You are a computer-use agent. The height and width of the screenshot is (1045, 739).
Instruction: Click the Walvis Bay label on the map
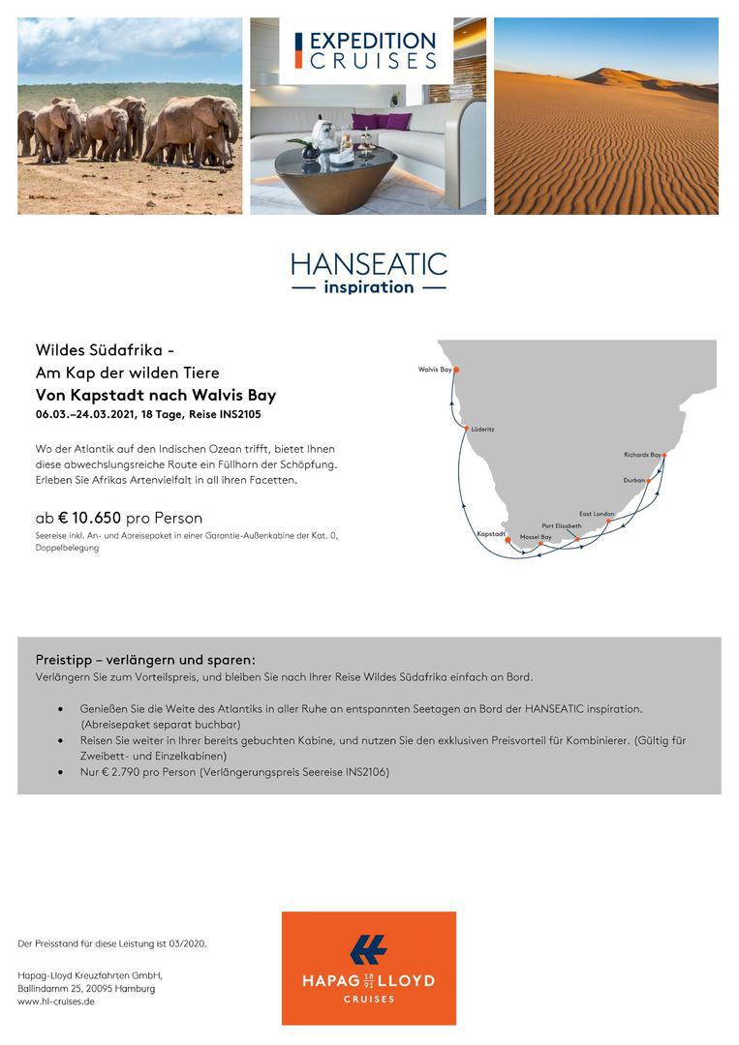pos(434,369)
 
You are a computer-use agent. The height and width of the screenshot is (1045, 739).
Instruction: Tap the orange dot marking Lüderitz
pos(466,428)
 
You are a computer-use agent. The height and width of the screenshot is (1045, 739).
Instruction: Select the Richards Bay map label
pos(642,454)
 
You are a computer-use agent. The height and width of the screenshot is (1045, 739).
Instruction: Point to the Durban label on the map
pos(633,479)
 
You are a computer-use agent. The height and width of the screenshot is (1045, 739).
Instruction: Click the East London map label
pos(597,513)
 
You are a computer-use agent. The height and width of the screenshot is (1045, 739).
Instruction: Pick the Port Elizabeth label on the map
pos(562,525)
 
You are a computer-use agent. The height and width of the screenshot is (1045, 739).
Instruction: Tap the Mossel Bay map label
pos(536,537)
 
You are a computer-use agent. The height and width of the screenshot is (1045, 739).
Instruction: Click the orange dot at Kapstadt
pos(508,540)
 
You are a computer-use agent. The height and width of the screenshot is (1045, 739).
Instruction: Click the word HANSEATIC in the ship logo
pos(369,264)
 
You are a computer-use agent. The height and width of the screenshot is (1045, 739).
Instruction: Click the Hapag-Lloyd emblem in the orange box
pos(368,949)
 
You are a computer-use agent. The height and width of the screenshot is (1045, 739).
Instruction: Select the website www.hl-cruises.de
pos(56,1001)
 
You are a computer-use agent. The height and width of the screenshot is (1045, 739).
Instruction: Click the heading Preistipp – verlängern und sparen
pos(145,659)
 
